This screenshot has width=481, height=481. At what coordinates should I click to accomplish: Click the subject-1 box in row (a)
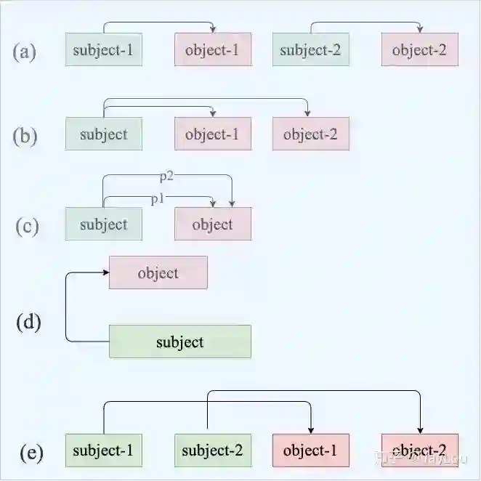pos(103,50)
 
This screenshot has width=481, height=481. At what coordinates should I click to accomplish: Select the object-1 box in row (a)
pos(213,50)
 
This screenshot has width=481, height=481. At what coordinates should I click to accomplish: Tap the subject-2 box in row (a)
pos(310,50)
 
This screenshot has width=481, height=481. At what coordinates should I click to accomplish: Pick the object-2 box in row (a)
pos(420,50)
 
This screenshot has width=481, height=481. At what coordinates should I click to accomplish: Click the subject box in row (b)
pos(103,134)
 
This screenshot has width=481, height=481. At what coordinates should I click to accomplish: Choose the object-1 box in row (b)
pos(213,134)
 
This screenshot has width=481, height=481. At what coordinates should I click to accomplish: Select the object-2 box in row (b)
pos(311,134)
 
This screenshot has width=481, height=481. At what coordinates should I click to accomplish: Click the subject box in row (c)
pos(103,224)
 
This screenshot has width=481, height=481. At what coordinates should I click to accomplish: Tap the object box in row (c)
pos(213,224)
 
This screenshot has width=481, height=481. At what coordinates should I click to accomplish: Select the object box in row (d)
pos(158,272)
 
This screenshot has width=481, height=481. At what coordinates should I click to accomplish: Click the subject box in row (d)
pos(179,341)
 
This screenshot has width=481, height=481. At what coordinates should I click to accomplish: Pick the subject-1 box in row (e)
pos(103,450)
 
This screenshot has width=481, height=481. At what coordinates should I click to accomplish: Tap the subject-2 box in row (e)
pos(213,450)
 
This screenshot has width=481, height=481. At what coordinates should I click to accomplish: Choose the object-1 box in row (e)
pos(311,450)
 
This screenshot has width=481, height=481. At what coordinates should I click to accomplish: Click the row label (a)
pos(25,52)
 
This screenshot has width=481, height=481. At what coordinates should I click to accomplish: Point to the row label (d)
pos(28,321)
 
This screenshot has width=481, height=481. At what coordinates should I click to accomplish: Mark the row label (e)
pos(31,453)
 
